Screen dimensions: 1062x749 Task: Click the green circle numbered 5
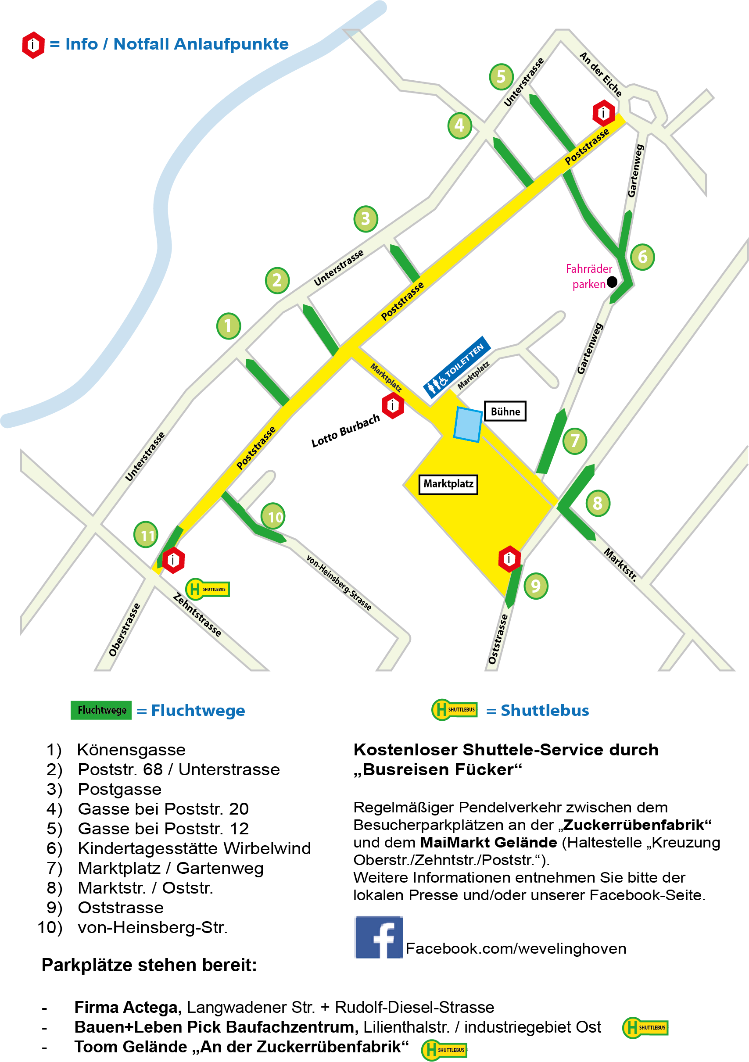pyautogui.click(x=501, y=76)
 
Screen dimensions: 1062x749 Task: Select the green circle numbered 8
pyautogui.click(x=597, y=503)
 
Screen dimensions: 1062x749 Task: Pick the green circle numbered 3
pyautogui.click(x=366, y=218)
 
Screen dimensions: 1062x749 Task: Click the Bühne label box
pyautogui.click(x=505, y=411)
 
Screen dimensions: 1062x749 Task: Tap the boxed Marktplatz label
pyautogui.click(x=448, y=484)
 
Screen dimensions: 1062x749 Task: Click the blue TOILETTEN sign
pyautogui.click(x=457, y=367)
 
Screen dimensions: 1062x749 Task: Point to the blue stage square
pyautogui.click(x=468, y=424)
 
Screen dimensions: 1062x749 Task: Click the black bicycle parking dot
pyautogui.click(x=612, y=281)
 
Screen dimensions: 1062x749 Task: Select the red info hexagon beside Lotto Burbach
pyautogui.click(x=393, y=405)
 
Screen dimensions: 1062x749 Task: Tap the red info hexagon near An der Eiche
pyautogui.click(x=603, y=112)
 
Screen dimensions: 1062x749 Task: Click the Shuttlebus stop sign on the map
pyautogui.click(x=208, y=589)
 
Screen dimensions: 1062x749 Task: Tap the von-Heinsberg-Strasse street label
pyautogui.click(x=339, y=583)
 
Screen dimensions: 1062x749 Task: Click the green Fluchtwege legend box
pyautogui.click(x=101, y=710)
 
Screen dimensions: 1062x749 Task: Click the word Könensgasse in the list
pyautogui.click(x=131, y=749)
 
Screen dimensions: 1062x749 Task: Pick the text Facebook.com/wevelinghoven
pyautogui.click(x=516, y=948)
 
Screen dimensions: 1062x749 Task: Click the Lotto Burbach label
pyautogui.click(x=345, y=431)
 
